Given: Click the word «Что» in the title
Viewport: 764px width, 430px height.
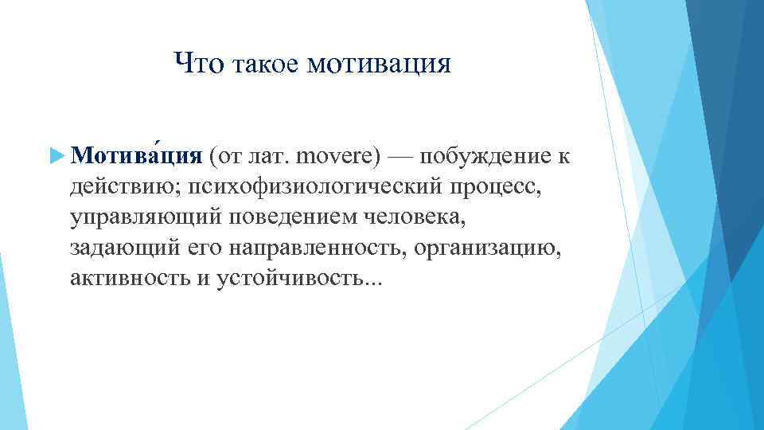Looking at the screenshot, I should [x=199, y=63].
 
